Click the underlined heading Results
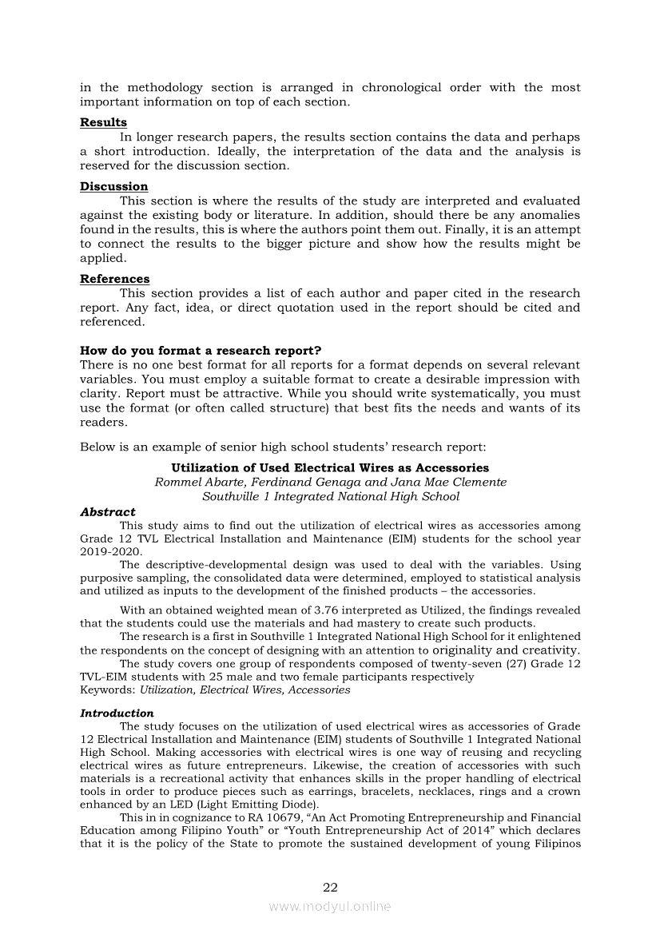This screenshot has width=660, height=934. coord(103,122)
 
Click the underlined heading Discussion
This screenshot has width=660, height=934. coord(113,186)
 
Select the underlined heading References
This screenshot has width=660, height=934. coord(114,279)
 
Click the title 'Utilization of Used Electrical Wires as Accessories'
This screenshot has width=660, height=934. coord(330,467)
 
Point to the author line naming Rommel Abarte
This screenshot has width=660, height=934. coord(330,482)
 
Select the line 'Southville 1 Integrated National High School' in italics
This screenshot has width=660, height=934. coord(330,496)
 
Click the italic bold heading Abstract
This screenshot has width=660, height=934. coord(107,511)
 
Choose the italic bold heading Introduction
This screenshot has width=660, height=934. coord(117,713)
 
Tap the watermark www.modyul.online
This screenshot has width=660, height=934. coord(330,906)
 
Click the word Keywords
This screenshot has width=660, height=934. coord(107,690)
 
